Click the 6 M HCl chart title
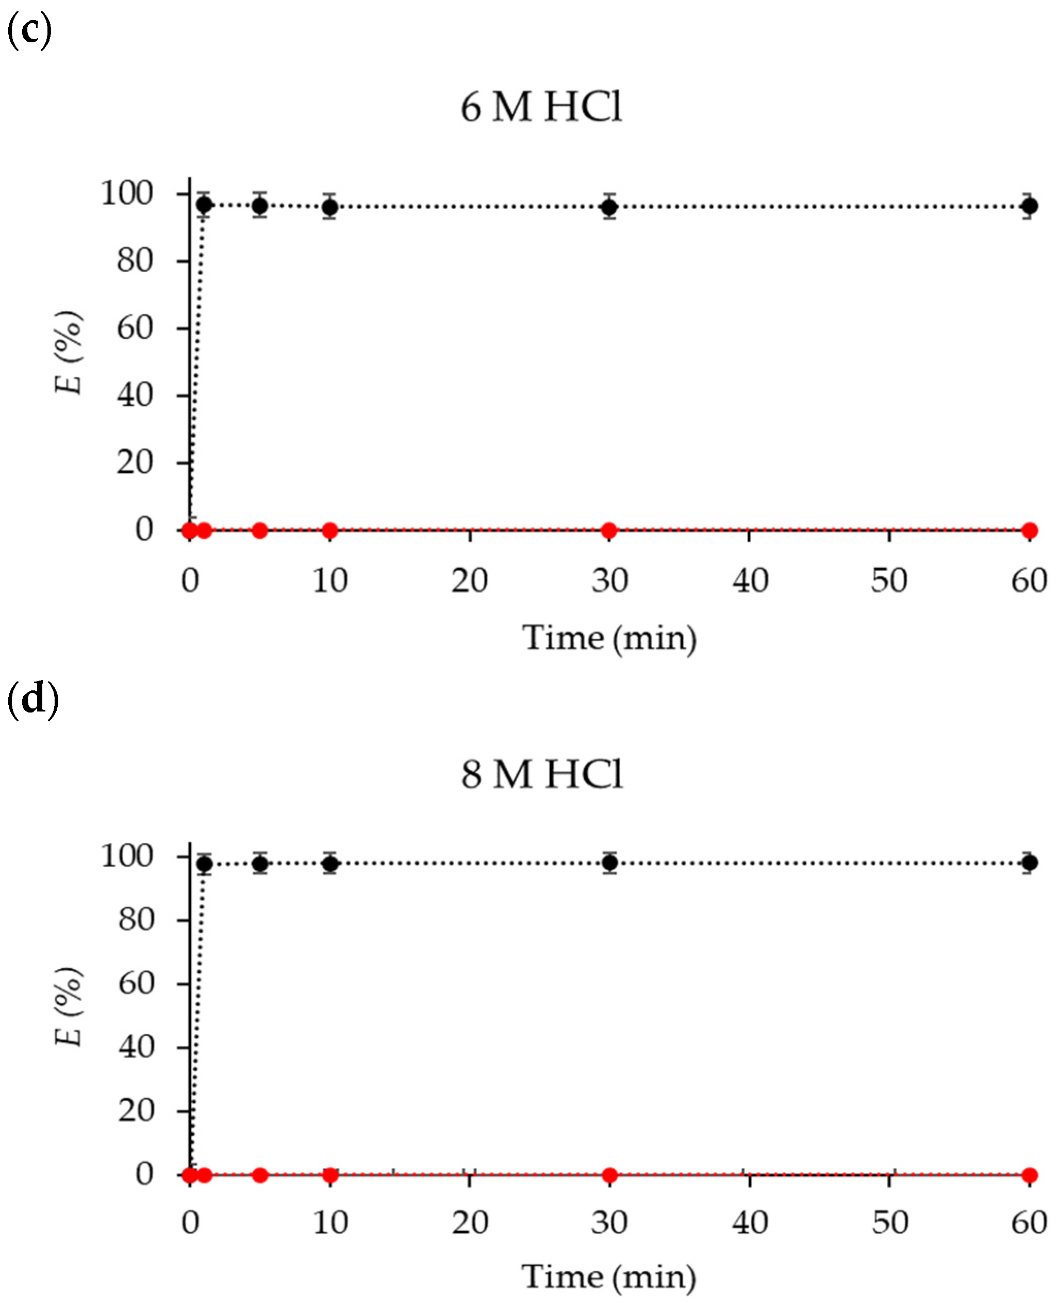541,107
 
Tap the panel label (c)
29,30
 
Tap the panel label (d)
32,699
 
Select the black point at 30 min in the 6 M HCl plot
609,207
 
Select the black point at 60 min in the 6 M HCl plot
1029,206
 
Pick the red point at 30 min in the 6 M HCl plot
609,531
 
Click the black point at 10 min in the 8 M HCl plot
329,864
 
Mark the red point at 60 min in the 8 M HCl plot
1029,1174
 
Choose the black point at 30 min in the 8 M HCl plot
609,863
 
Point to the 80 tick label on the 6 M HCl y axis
135,261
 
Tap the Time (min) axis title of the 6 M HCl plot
609,639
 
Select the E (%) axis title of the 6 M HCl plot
68,352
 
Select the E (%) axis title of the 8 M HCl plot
68,1007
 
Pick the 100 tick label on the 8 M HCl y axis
127,856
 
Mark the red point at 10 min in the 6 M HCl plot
329,531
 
